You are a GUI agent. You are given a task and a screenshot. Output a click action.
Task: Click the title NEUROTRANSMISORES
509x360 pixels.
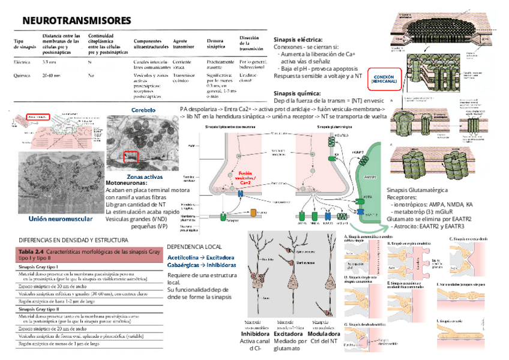point(76,21)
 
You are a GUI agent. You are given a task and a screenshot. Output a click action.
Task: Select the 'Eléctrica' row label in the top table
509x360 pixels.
point(23,62)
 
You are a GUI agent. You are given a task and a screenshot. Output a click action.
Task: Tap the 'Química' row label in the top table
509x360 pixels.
point(22,76)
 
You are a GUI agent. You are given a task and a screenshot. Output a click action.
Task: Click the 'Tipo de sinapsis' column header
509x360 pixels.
point(25,44)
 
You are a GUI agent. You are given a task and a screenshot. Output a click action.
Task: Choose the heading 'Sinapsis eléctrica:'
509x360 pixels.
point(297,38)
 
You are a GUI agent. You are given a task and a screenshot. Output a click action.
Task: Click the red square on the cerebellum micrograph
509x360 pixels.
point(130,157)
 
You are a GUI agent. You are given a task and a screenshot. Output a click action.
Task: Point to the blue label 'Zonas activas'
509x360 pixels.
point(145,176)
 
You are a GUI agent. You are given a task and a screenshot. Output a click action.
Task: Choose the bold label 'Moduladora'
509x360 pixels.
point(324,334)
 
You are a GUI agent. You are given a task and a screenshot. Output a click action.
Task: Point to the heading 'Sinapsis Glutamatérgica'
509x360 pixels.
point(417,190)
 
